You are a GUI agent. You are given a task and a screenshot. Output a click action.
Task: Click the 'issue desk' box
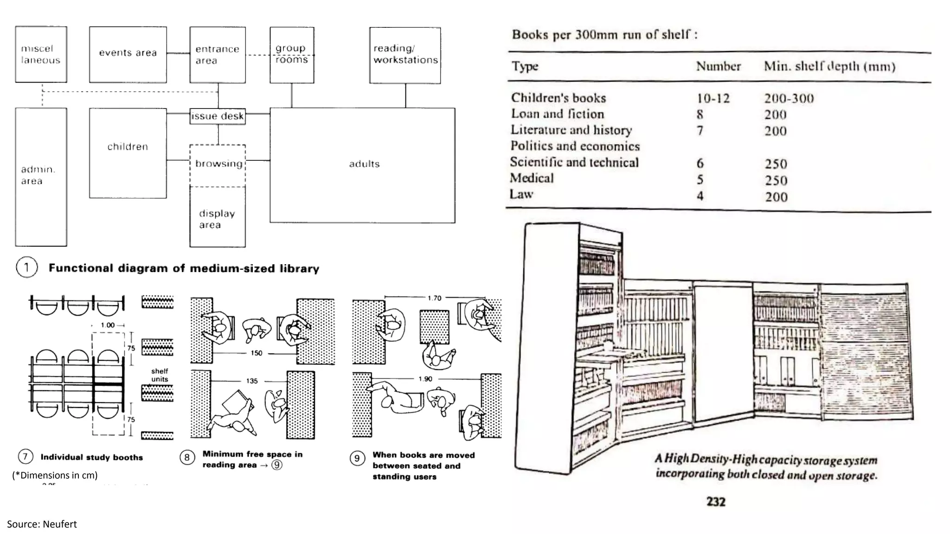(x=218, y=116)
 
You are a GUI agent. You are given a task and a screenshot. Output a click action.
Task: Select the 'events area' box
(x=128, y=54)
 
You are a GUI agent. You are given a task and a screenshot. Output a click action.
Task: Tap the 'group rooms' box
(x=292, y=55)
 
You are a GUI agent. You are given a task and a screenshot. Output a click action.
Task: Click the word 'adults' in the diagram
(x=364, y=164)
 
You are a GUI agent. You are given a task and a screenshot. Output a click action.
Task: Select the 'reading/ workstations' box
(x=405, y=55)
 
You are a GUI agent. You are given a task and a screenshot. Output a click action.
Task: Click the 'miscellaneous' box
(x=41, y=54)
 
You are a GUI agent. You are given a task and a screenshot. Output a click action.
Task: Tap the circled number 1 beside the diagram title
(x=26, y=267)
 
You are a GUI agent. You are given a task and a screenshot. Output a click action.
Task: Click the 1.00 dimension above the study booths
(x=108, y=325)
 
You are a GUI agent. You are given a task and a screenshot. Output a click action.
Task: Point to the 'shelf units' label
(x=159, y=375)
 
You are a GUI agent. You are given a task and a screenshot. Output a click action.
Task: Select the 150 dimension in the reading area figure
(x=257, y=353)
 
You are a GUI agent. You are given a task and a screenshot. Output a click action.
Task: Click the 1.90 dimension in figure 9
(x=425, y=379)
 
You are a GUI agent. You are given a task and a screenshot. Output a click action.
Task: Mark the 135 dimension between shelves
(x=251, y=381)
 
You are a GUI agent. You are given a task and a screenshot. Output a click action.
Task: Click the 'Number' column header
(x=718, y=66)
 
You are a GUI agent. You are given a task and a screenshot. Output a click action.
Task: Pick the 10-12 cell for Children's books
(x=713, y=98)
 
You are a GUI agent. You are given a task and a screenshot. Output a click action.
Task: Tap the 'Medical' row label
(x=532, y=178)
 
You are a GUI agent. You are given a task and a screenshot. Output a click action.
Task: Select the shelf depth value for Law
(x=776, y=197)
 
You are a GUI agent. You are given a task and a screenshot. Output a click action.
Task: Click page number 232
(x=716, y=502)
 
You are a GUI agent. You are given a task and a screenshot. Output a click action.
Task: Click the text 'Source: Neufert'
(x=42, y=524)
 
